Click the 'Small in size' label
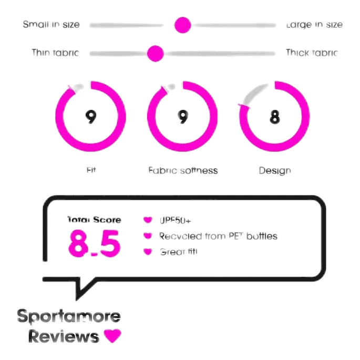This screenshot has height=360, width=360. [52, 25]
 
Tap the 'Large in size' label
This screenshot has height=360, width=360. [314, 25]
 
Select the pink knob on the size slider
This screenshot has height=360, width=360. [182, 25]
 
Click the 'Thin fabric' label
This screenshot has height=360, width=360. [55, 53]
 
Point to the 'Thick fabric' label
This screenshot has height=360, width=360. [312, 53]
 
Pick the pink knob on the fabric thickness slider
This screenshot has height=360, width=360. [155, 53]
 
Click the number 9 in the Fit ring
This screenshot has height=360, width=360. [90, 117]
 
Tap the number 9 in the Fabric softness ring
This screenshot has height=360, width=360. [182, 117]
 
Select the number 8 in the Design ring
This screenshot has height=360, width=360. [274, 117]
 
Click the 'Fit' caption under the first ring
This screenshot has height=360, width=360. [91, 171]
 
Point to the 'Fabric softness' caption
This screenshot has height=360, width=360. [182, 171]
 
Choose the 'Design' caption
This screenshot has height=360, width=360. [274, 171]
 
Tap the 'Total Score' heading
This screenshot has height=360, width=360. [95, 219]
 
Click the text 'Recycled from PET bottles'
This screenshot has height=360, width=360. [218, 236]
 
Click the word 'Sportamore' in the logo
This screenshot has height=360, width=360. [69, 317]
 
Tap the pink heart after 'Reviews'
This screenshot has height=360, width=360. [112, 336]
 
